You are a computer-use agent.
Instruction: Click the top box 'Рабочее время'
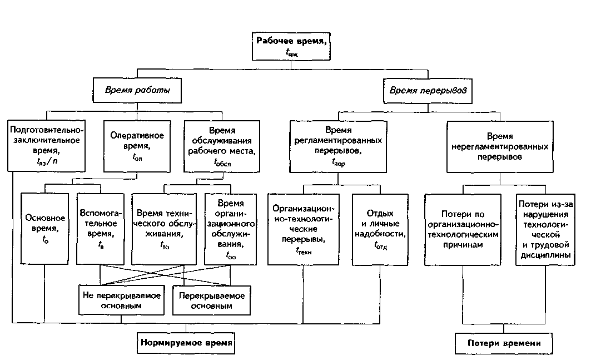coord(290,45)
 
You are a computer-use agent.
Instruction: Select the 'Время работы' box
coord(137,90)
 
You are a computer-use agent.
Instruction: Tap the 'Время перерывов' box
coord(428,90)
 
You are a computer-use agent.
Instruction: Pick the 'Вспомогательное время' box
coord(99,228)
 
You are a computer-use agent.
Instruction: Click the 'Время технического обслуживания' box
coord(165,228)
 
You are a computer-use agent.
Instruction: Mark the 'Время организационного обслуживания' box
coord(231,228)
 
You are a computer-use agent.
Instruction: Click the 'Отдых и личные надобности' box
coord(380,228)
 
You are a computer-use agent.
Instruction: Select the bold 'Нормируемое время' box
coord(186,343)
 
